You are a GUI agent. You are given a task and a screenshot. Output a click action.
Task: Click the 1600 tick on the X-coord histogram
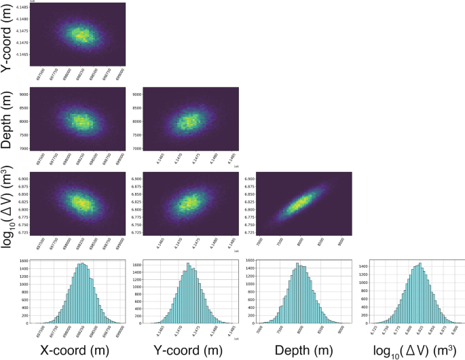[x=22, y=261]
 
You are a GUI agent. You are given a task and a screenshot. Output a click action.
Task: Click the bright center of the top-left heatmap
[x=81, y=34]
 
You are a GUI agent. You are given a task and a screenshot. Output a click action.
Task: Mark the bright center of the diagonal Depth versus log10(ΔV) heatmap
[x=301, y=202]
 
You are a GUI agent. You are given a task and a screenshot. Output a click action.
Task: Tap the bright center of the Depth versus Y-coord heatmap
[x=188, y=122]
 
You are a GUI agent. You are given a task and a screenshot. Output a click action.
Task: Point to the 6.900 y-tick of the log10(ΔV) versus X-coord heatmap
[x=22, y=179]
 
